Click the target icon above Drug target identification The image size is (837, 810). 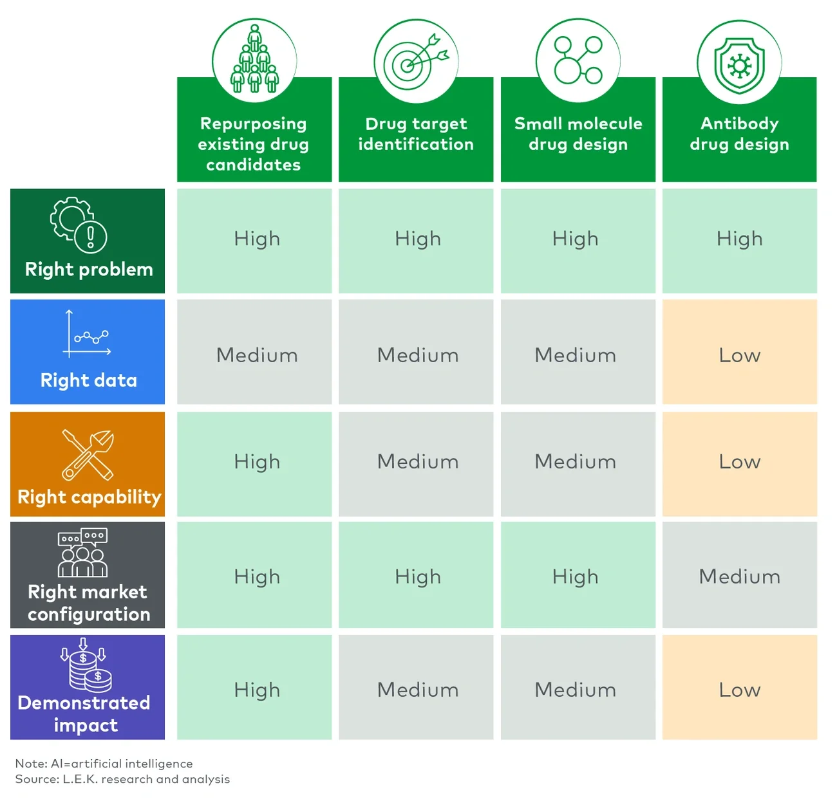pos(416,61)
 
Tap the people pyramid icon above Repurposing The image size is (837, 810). pos(254,60)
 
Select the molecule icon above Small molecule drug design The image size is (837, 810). pos(578,60)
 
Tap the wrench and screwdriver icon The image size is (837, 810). pos(88,455)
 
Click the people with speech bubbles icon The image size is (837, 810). pos(83,553)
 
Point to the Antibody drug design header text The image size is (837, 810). pos(739,134)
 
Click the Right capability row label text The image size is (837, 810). pos(89,497)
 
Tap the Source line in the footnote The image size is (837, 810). pos(122,779)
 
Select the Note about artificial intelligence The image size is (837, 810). pos(104,764)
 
